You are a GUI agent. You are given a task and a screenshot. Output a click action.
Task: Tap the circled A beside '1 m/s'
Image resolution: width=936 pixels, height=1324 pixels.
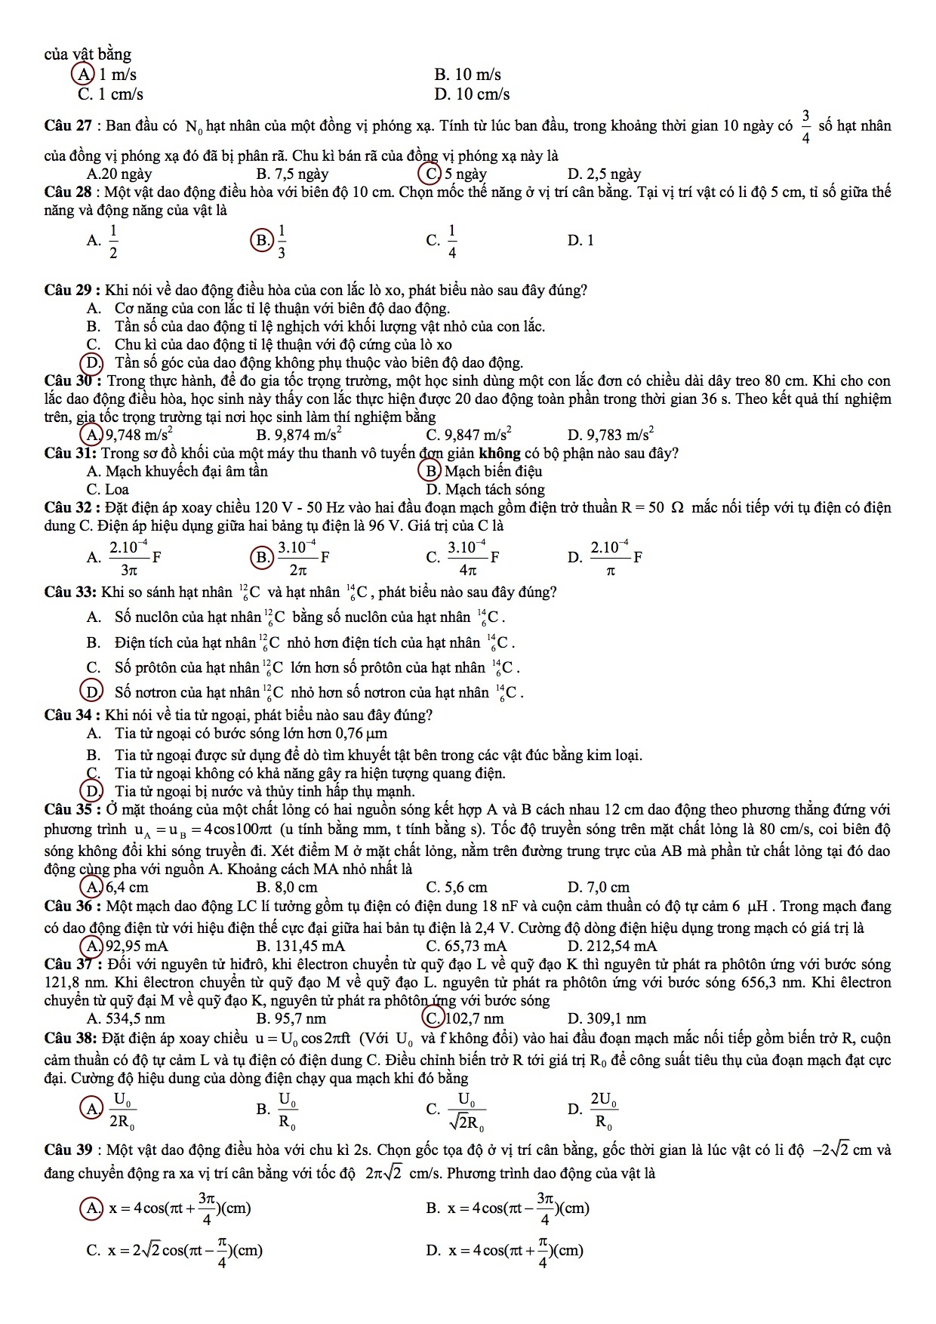(81, 75)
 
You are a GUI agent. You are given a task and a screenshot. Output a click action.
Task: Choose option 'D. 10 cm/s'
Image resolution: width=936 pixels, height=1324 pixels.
(472, 94)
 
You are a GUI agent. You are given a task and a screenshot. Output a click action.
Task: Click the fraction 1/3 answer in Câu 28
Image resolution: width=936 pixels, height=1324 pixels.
(281, 241)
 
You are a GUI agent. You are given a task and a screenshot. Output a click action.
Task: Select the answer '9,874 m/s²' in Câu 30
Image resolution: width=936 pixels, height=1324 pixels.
(299, 435)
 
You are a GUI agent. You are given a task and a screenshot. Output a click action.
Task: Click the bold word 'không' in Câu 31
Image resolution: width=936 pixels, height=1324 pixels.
(500, 454)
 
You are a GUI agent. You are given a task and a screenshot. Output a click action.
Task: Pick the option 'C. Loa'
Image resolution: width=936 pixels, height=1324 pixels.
(108, 489)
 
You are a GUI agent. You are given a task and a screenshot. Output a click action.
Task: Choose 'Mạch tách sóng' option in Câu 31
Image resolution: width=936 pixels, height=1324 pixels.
(485, 489)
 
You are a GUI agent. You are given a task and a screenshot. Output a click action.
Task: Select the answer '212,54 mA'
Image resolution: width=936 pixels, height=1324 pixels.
(611, 946)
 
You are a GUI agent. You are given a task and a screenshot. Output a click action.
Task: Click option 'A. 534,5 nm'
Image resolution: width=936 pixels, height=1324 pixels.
(126, 1018)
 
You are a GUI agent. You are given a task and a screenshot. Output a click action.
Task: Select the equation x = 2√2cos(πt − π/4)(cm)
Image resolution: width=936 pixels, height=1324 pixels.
(181, 1250)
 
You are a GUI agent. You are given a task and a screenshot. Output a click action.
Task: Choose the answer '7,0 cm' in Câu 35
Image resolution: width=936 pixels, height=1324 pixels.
(598, 887)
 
